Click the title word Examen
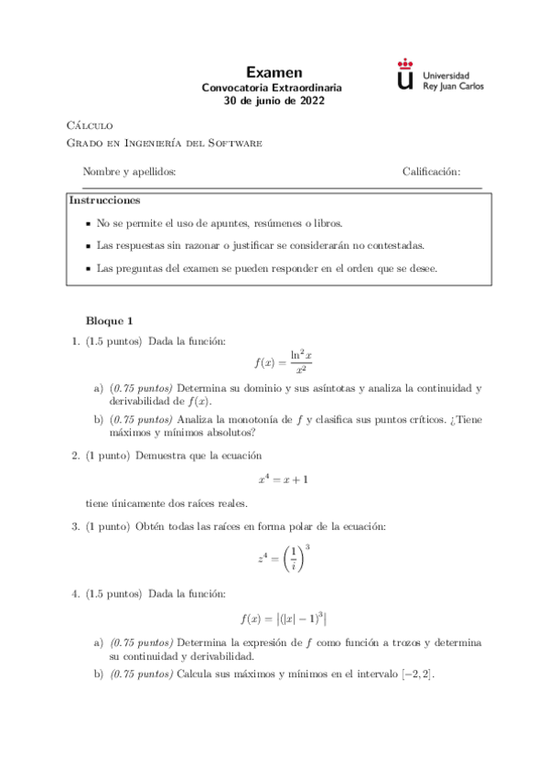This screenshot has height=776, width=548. point(274,72)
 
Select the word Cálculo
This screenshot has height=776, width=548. point(91,125)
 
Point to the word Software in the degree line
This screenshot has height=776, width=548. point(237,143)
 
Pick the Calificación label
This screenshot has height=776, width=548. point(431,172)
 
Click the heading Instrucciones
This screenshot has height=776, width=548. point(105,200)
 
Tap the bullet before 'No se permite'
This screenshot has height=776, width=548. point(88,223)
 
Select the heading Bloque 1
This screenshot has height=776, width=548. point(109,321)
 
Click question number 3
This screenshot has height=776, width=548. point(75,526)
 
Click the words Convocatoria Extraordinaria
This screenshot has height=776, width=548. point(274,88)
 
